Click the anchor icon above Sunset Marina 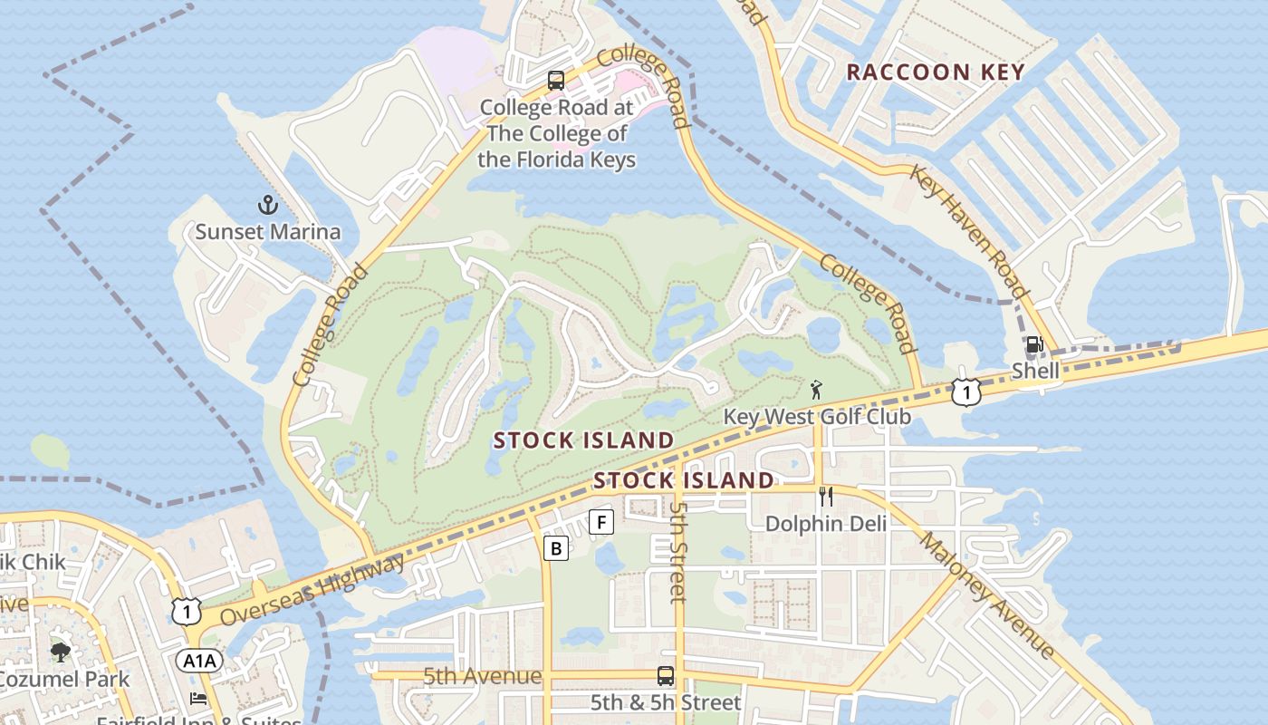tap(267, 204)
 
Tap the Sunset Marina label tap(268, 231)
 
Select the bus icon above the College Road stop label tap(556, 81)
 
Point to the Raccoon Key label tap(935, 72)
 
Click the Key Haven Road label tap(968, 231)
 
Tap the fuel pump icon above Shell tap(1034, 345)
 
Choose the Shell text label tap(1035, 370)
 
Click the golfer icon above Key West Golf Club tap(817, 391)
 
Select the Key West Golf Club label tap(817, 417)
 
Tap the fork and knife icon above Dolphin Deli tap(825, 496)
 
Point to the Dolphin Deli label tap(826, 523)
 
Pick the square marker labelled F tap(601, 522)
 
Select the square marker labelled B tap(556, 547)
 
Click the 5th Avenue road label tap(482, 676)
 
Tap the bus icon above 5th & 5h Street tap(666, 676)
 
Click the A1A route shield tap(197, 661)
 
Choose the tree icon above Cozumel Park tap(61, 652)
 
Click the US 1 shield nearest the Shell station tap(966, 392)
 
